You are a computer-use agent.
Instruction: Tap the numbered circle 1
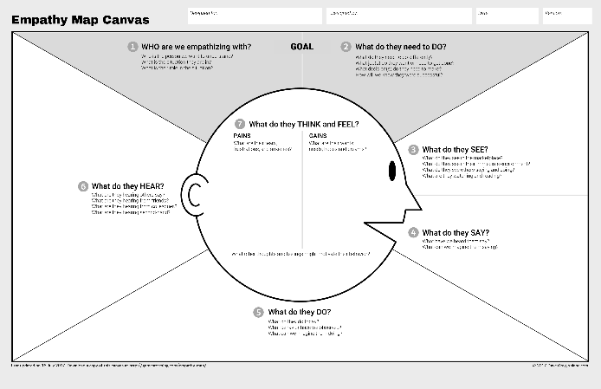(x=132, y=47)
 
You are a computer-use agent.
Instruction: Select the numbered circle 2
(x=346, y=47)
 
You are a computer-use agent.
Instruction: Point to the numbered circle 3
(x=414, y=150)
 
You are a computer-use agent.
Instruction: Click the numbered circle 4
(x=414, y=232)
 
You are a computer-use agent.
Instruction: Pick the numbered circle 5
(x=258, y=312)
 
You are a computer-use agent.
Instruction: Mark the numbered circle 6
(x=83, y=185)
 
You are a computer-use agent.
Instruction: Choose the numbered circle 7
(x=240, y=124)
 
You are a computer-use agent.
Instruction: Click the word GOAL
(x=301, y=47)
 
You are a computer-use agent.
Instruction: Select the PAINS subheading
(x=242, y=136)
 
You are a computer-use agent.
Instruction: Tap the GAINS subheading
(x=318, y=136)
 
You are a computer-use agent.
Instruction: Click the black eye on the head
(x=392, y=172)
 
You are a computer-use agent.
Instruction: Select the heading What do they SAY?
(x=456, y=232)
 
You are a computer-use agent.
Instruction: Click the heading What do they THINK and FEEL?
(x=303, y=124)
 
